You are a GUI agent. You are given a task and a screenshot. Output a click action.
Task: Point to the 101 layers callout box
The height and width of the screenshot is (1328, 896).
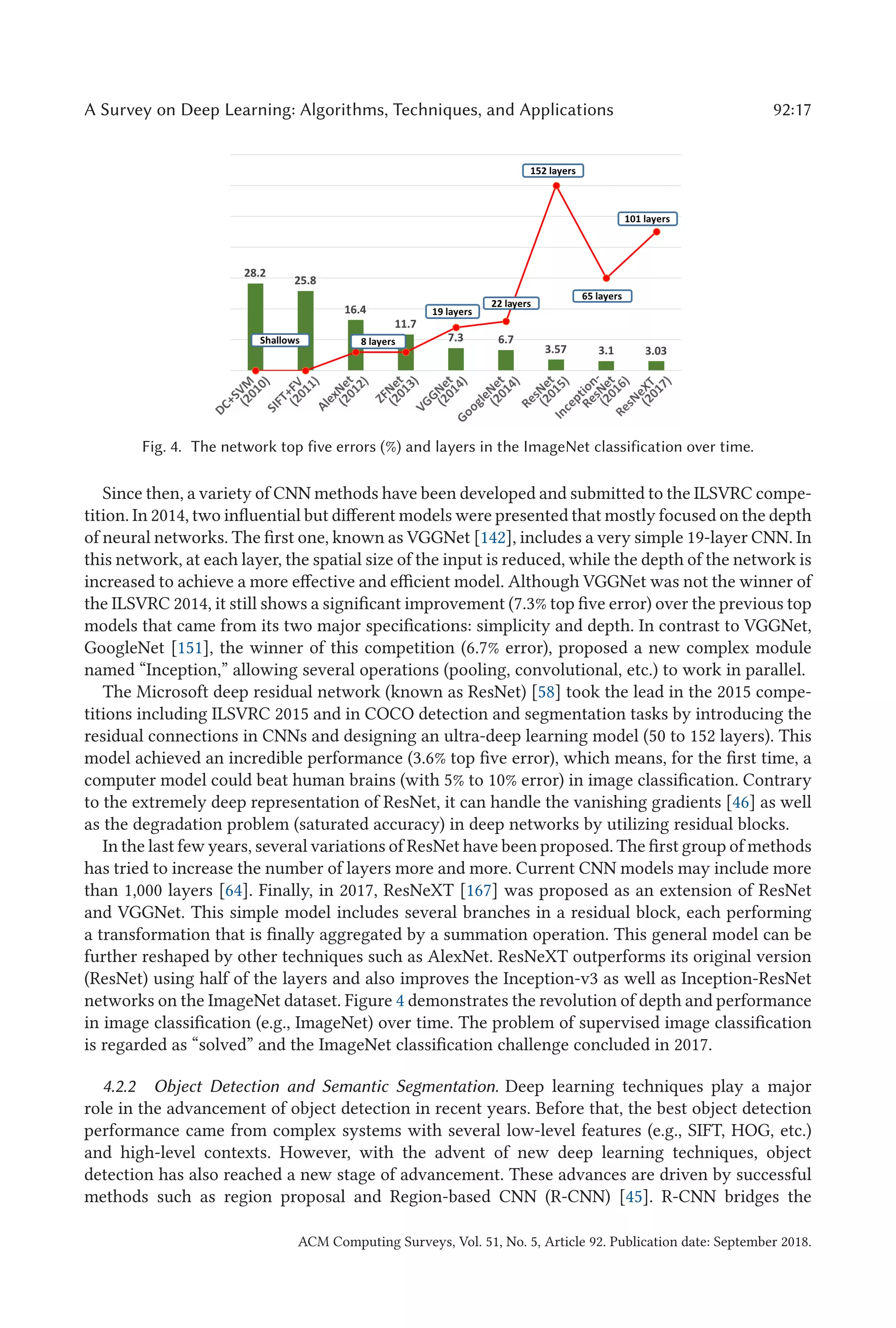pos(647,219)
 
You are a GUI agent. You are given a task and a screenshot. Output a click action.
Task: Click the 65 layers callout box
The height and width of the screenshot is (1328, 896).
pos(602,296)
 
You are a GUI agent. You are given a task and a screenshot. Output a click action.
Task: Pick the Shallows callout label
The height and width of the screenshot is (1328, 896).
pos(280,340)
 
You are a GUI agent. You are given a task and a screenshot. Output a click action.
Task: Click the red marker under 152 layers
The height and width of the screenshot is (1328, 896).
pos(556,186)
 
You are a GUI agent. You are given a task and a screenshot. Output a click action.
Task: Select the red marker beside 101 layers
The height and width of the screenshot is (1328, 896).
pos(656,232)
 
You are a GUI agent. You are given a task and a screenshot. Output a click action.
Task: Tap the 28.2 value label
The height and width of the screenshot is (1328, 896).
pos(255,273)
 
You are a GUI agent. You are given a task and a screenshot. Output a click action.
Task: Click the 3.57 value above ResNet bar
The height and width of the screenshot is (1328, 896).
pos(555,349)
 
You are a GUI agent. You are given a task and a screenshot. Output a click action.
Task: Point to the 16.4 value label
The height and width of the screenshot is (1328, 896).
pos(355,310)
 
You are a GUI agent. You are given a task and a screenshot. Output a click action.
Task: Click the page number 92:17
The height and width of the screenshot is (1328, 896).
pos(791,110)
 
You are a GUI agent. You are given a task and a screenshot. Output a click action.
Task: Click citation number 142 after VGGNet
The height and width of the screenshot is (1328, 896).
pos(493,538)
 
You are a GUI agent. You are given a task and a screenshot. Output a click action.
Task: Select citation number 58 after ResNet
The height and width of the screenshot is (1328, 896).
pos(546,692)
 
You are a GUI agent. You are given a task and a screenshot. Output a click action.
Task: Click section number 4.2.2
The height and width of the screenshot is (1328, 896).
pos(120,1086)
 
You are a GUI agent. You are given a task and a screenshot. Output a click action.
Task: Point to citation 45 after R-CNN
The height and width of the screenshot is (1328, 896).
pos(634,1197)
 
